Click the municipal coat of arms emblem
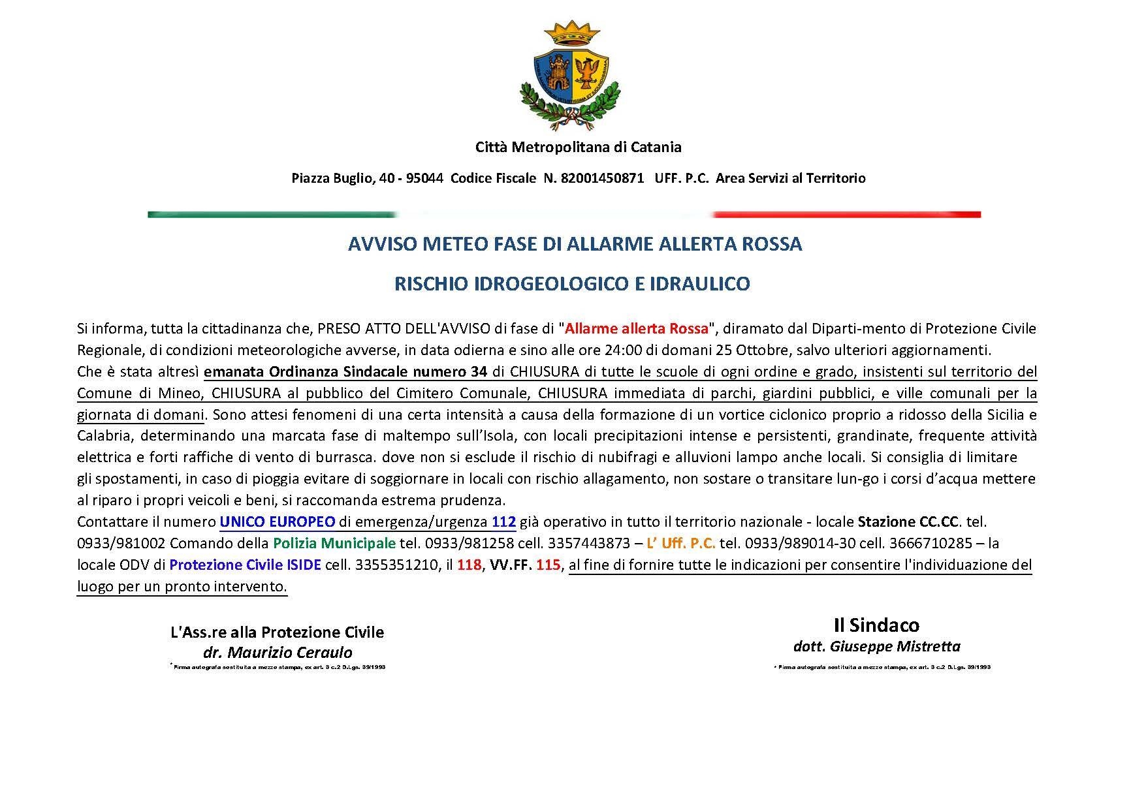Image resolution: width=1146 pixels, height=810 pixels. pos(572,75)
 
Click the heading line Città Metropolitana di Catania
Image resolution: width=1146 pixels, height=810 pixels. pos(578,147)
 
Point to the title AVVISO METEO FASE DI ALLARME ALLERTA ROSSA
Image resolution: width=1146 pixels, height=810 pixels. pos(575,244)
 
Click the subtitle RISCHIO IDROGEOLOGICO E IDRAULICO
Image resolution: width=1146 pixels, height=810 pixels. pos(572,284)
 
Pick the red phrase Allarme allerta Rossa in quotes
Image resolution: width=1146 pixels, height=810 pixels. pos(637,328)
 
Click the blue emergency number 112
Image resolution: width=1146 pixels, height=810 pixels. pos(504,522)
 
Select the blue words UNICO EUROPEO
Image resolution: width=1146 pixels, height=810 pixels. pos(278,522)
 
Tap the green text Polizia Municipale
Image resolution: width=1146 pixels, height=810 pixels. pos(334,543)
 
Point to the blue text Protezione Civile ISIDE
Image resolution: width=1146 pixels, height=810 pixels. pos(245,565)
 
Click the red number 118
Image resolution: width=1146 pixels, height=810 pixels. pos(469,565)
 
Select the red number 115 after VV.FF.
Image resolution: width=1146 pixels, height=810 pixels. pos(548,565)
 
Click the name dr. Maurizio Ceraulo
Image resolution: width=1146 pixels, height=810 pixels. pos(278,652)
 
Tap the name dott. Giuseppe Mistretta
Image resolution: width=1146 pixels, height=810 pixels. pos(876,646)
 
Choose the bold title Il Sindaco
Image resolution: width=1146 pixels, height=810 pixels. pos(876,625)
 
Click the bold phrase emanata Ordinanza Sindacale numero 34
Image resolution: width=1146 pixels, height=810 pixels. pos(345,372)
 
